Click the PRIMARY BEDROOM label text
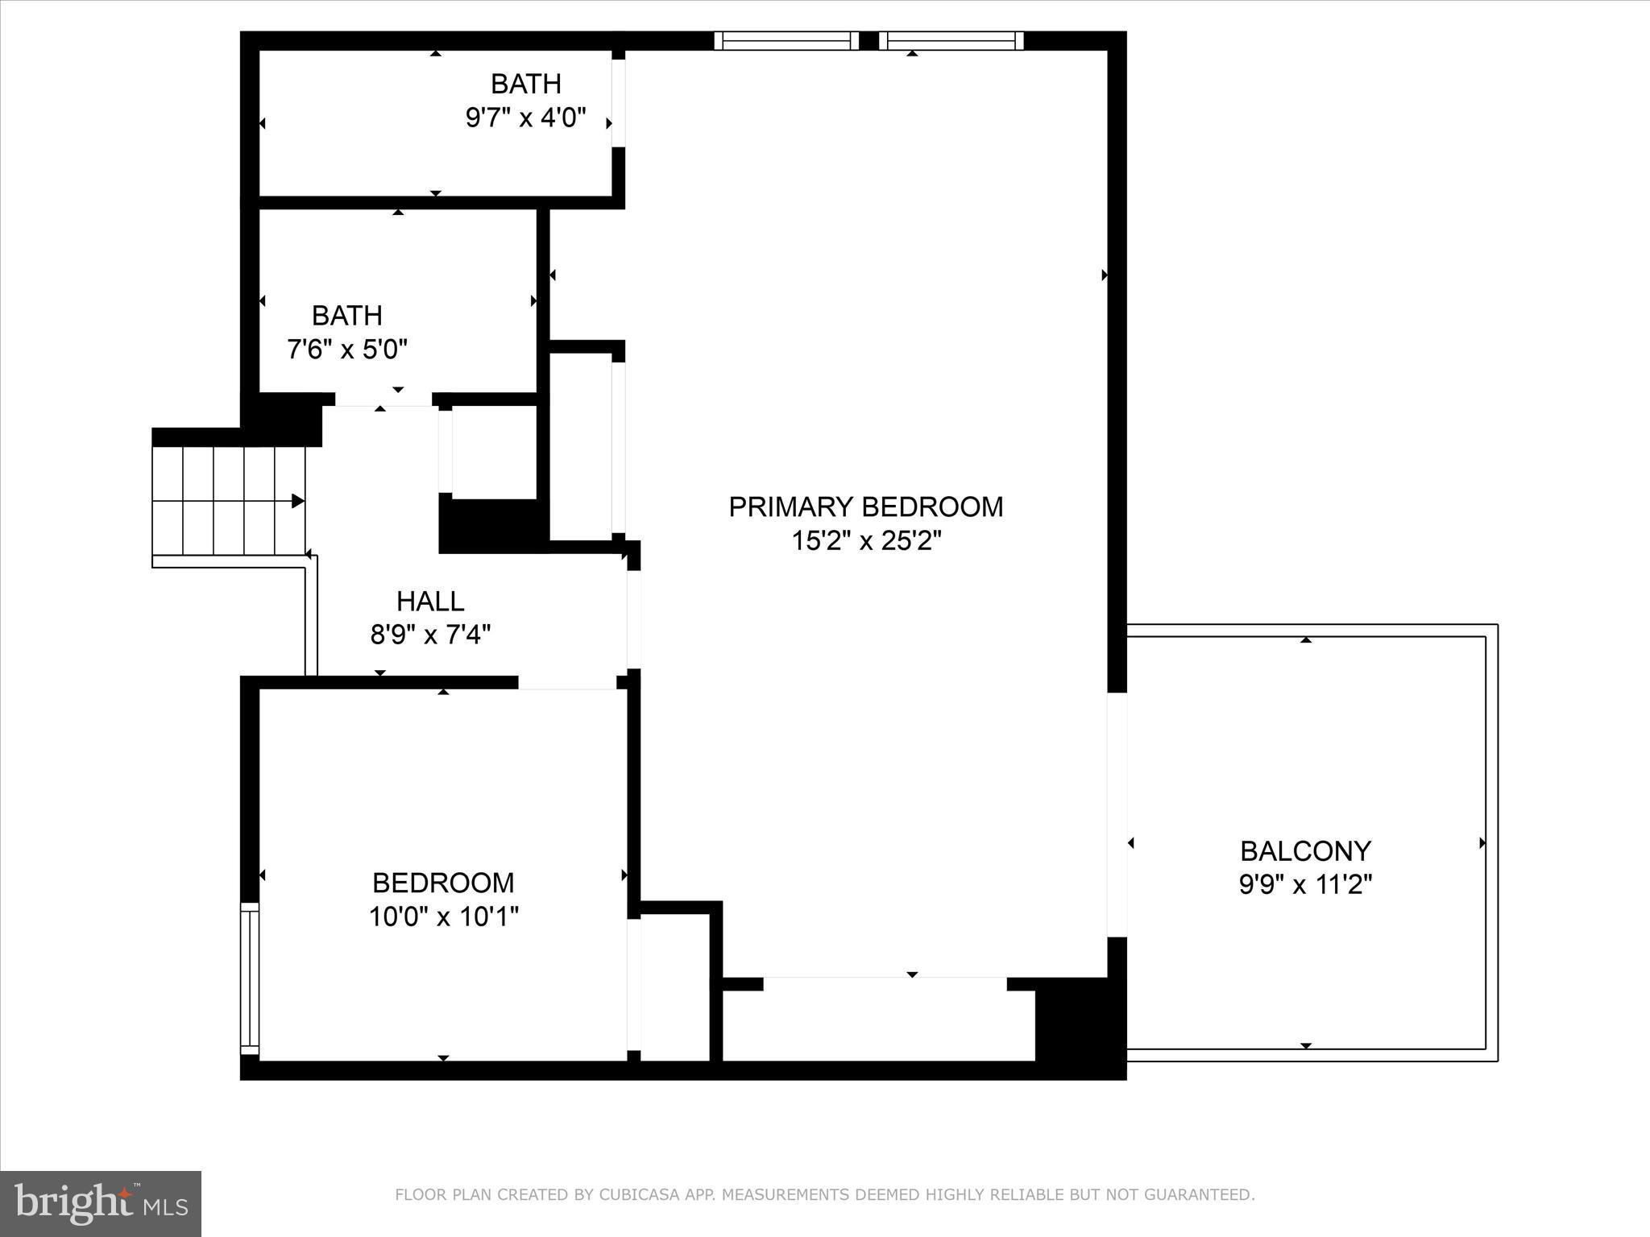coord(865,507)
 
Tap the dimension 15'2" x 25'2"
coord(865,541)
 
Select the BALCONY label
coord(1304,850)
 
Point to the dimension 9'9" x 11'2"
coord(1304,885)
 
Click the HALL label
coord(430,601)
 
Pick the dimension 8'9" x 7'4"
coord(430,635)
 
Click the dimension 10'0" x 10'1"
coord(443,916)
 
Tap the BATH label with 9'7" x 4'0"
coord(525,84)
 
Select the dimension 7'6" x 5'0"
coord(347,350)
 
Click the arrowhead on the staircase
coord(297,501)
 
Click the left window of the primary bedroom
coord(786,40)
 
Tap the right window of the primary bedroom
coord(951,40)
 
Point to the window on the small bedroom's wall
coord(251,978)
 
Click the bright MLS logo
coord(101,1203)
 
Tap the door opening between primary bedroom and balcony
coord(1117,814)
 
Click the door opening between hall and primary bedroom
coord(634,619)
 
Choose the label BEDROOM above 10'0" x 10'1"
coord(443,883)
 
